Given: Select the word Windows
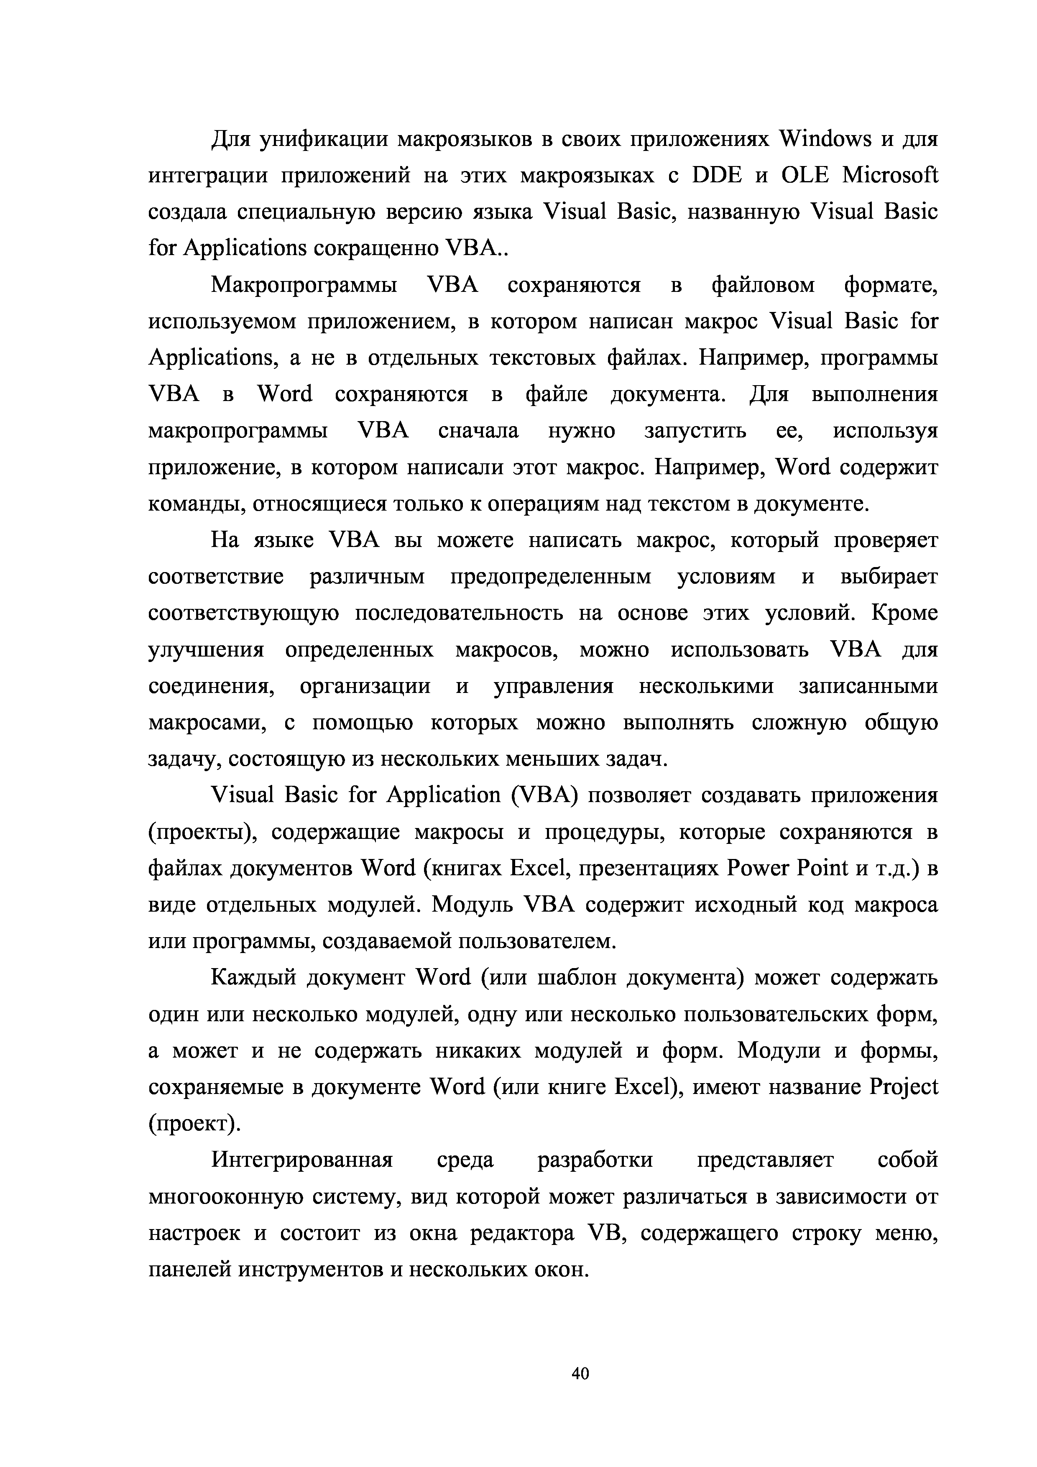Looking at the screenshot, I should tap(825, 139).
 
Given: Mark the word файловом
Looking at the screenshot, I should tap(764, 285).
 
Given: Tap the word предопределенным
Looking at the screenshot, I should tap(551, 578).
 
